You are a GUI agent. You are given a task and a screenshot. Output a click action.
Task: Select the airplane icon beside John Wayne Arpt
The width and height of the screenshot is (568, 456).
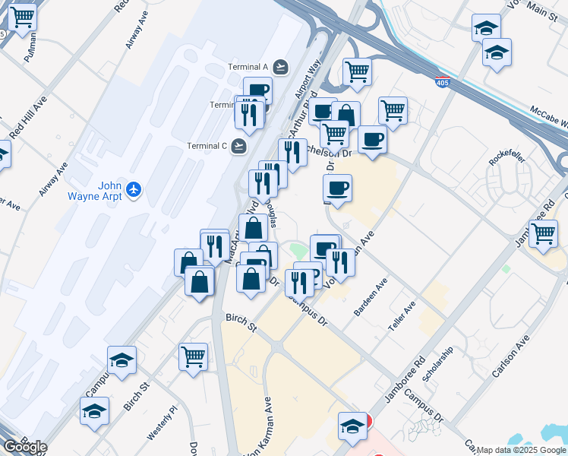click(134, 188)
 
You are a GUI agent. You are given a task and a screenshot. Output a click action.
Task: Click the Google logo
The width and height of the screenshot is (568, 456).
click(24, 447)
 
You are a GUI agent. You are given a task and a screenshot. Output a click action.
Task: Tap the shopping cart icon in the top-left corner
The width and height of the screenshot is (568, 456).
click(21, 16)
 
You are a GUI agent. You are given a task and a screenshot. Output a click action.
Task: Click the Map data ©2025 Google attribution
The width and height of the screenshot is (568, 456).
click(522, 450)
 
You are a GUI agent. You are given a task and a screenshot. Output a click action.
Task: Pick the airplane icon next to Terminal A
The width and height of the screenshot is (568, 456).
click(281, 67)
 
